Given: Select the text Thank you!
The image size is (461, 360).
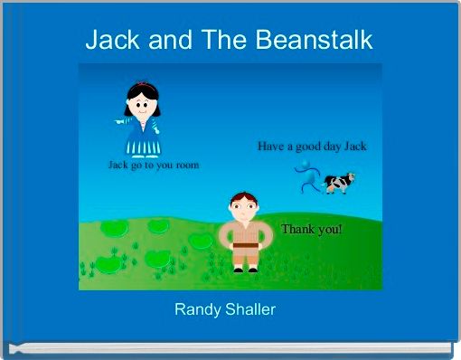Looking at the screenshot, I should pyautogui.click(x=311, y=229).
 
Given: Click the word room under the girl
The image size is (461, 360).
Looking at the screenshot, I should pyautogui.click(x=185, y=166).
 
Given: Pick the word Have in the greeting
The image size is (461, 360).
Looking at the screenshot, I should pyautogui.click(x=271, y=146).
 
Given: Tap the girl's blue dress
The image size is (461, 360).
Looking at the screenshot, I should pyautogui.click(x=141, y=137).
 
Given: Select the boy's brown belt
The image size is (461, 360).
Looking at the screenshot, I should pyautogui.click(x=241, y=243).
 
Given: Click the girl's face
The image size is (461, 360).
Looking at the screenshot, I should pyautogui.click(x=142, y=103).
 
